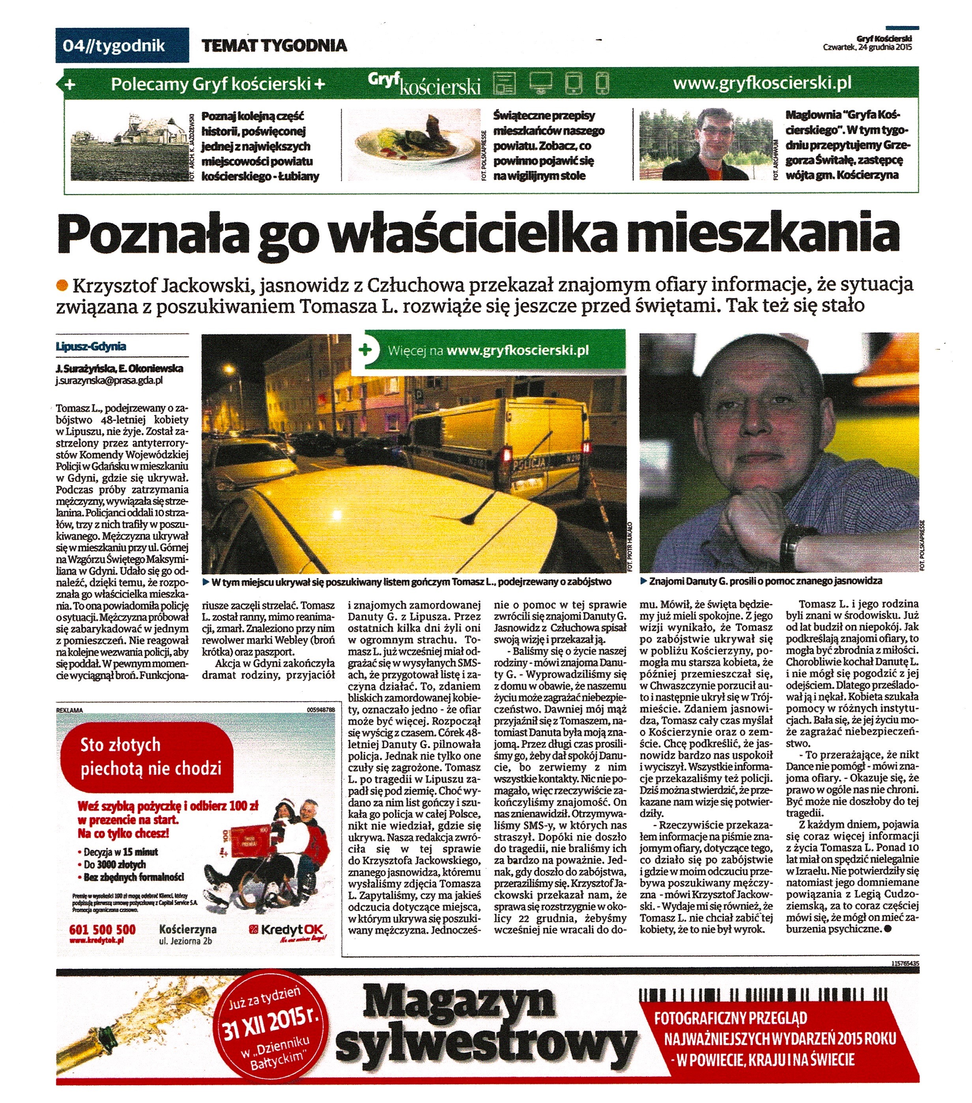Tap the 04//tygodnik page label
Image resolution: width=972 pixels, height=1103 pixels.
coord(114,45)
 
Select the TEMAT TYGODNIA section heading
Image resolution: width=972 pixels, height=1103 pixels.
coord(274,45)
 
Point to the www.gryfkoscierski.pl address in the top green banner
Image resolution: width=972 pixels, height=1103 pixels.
coord(762,83)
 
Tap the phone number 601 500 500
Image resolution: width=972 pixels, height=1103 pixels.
coord(103,929)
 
